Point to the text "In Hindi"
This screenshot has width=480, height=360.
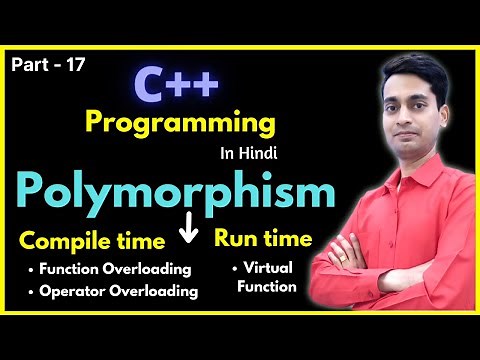(247, 156)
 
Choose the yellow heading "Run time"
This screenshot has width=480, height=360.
(263, 239)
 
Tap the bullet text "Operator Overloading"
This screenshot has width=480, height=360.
(118, 292)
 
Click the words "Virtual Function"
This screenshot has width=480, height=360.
(268, 277)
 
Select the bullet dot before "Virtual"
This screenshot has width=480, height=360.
(235, 268)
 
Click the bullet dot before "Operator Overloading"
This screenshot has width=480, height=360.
(32, 292)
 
